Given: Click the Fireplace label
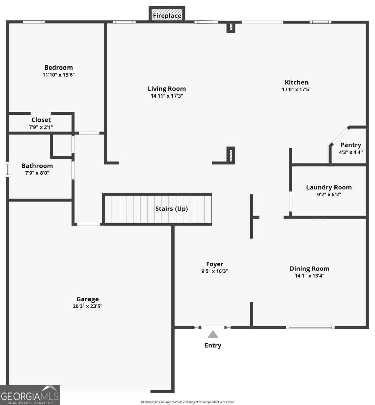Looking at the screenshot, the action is tap(167, 16).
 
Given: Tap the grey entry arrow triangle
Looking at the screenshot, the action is tap(213, 334).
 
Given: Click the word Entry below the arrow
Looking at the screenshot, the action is tap(213, 346).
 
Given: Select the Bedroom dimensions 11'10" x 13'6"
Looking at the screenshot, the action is tap(58, 75).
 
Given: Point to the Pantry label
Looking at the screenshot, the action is tap(351, 145).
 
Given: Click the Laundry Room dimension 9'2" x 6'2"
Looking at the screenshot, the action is tap(329, 194).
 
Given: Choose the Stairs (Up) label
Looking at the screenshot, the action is tap(171, 209).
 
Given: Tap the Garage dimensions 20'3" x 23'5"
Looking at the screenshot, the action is tap(87, 306).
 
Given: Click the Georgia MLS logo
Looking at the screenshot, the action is tap(30, 395).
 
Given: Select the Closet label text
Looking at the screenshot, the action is tap(41, 120).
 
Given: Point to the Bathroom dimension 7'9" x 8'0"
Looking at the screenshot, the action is tap(37, 173).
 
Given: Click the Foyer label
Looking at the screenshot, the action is tap(215, 264).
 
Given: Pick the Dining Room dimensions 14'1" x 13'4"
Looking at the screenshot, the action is tap(310, 276).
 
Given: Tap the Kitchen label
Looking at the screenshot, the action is tap(296, 82).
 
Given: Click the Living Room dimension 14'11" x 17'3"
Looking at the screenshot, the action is tap(167, 96).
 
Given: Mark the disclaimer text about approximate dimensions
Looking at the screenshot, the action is tap(187, 402).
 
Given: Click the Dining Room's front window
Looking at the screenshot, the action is tap(310, 327).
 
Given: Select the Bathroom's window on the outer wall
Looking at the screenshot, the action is tap(7, 169).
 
